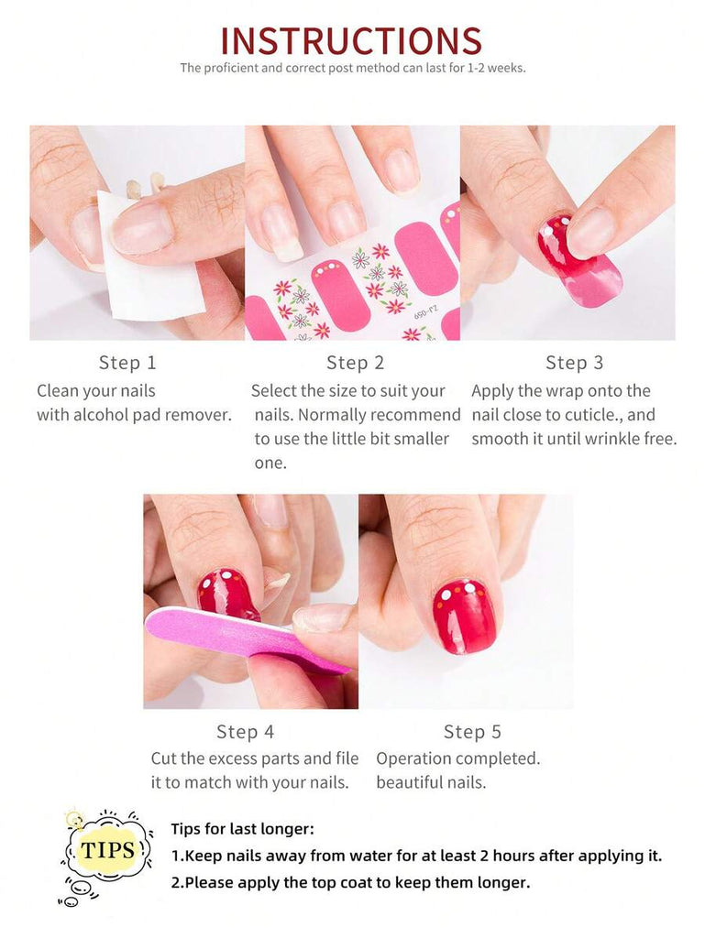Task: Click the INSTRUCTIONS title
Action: pyautogui.click(x=351, y=40)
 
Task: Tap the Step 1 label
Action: pyautogui.click(x=127, y=363)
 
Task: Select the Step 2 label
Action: pyautogui.click(x=355, y=363)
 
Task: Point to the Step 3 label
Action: pyautogui.click(x=575, y=363)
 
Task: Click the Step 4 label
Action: pyautogui.click(x=246, y=732)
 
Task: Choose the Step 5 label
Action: pyautogui.click(x=472, y=732)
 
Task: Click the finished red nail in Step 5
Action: pyautogui.click(x=464, y=616)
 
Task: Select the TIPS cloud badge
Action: pyautogui.click(x=106, y=850)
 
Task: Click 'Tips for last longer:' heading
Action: pyautogui.click(x=242, y=829)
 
